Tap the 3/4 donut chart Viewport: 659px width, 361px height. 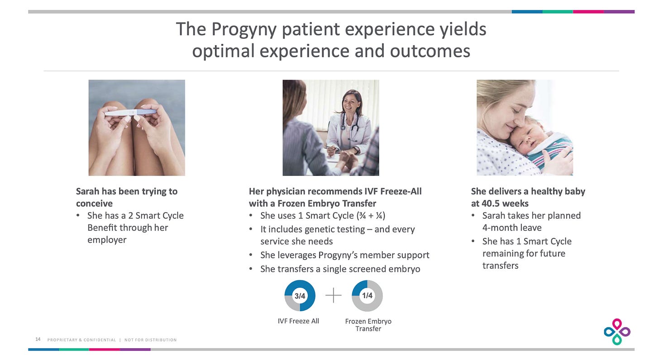tap(300, 296)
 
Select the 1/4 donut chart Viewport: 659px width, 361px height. tap(367, 296)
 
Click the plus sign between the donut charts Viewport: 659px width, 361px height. tap(334, 296)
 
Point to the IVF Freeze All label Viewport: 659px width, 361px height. tap(298, 321)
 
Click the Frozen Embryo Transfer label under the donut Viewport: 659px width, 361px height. tap(368, 325)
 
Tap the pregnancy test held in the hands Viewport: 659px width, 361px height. tap(131, 113)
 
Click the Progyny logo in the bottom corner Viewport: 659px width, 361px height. tap(617, 332)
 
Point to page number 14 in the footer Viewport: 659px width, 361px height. tap(38, 340)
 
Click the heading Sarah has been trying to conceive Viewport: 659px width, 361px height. tap(126, 197)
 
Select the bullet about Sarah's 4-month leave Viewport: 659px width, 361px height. tap(531, 222)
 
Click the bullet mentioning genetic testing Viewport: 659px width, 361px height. tap(337, 235)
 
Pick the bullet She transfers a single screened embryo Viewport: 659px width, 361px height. tap(340, 269)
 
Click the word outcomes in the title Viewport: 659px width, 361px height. tap(430, 51)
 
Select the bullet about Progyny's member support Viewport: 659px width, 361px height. tap(344, 255)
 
